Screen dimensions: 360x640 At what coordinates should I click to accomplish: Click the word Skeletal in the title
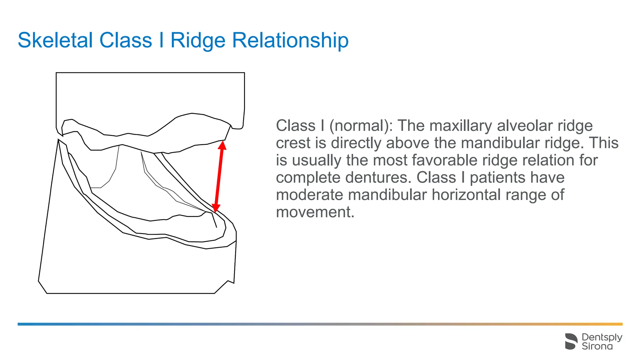pyautogui.click(x=55, y=40)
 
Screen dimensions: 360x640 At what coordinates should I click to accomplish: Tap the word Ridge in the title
pyautogui.click(x=197, y=40)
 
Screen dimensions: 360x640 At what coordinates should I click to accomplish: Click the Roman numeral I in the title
pyautogui.click(x=161, y=40)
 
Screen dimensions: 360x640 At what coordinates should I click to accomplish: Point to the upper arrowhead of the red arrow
pyautogui.click(x=222, y=146)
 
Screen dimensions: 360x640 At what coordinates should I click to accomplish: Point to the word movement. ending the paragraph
pyautogui.click(x=315, y=212)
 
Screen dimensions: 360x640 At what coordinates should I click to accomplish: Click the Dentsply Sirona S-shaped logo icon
pyautogui.click(x=571, y=341)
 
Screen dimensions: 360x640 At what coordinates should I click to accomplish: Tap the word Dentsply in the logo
pyautogui.click(x=602, y=337)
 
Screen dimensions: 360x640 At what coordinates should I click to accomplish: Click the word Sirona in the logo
pyautogui.click(x=597, y=346)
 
